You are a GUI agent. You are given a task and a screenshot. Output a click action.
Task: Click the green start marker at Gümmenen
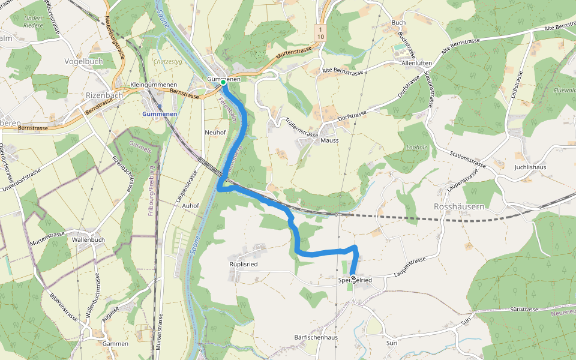(x=223, y=82)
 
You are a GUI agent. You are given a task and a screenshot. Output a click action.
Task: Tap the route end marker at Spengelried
(x=353, y=277)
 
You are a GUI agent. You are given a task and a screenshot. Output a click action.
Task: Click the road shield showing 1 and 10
(x=321, y=33)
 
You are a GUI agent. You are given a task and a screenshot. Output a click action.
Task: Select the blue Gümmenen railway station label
(x=160, y=114)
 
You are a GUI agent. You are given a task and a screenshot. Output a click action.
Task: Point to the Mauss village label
(x=329, y=140)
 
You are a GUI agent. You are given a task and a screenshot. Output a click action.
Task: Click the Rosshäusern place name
(x=459, y=206)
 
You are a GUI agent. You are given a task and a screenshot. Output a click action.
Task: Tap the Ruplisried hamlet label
(x=243, y=263)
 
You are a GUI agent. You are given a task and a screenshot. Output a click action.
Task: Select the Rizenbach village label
(x=104, y=95)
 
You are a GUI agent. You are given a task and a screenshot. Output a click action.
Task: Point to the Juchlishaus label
(x=530, y=167)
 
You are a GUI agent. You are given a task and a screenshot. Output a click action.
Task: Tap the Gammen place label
(x=115, y=344)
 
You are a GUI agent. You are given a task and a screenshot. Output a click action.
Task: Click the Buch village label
(x=398, y=23)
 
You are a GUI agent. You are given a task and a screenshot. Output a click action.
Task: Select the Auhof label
(x=190, y=205)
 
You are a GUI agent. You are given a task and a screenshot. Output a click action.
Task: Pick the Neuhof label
(x=214, y=132)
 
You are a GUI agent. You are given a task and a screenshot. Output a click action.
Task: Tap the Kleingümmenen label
(x=153, y=85)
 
